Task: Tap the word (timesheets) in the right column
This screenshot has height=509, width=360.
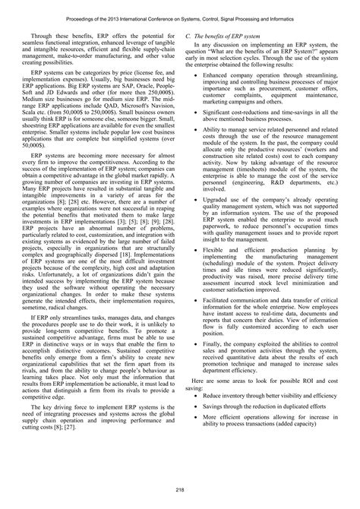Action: (x=260, y=170)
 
